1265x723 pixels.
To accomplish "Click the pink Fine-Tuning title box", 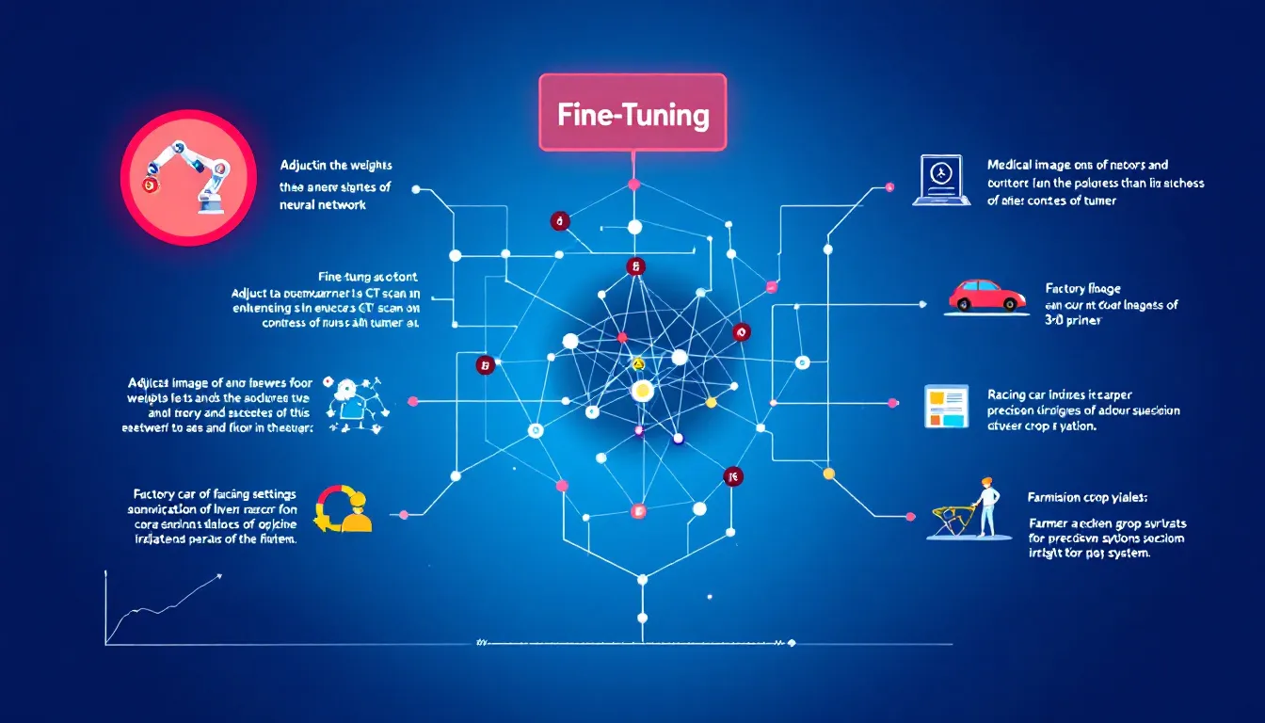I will click(x=632, y=113).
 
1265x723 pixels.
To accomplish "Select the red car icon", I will click(x=986, y=295).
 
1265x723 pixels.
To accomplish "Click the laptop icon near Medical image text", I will click(x=938, y=181).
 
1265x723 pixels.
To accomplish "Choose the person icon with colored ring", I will click(x=344, y=509).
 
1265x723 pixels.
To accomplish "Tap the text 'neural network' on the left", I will click(x=323, y=203).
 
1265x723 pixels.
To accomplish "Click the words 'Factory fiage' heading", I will click(x=1082, y=288).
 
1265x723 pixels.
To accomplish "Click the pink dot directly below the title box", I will click(x=633, y=184).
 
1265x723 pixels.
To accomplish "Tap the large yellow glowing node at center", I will click(x=643, y=390).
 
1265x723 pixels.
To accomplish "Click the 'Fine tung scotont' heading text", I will click(x=368, y=278).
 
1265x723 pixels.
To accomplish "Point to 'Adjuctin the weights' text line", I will click(x=336, y=164).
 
